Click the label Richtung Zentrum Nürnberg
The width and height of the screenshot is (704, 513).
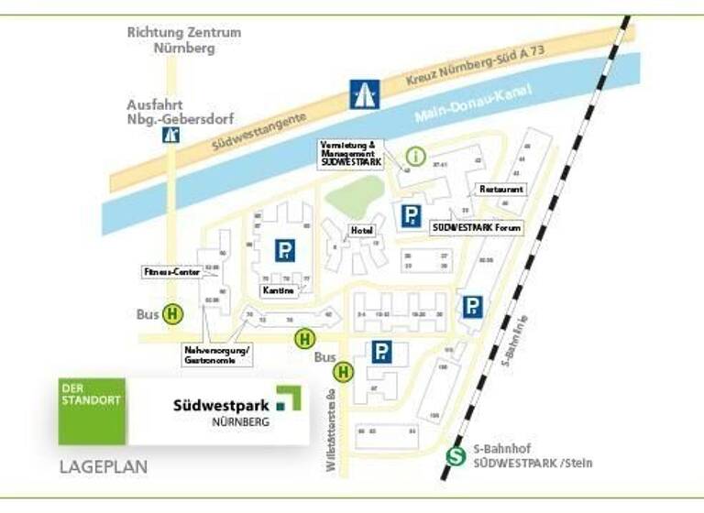(184, 40)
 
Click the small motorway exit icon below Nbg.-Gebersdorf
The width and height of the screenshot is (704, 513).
(170, 136)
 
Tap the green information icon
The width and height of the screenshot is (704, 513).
(416, 157)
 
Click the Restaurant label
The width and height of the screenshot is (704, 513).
(501, 190)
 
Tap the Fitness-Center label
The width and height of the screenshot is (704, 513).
(171, 272)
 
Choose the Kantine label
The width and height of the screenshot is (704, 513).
(279, 290)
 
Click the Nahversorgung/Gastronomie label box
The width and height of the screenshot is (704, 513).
(217, 355)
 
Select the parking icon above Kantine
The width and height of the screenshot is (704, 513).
(285, 250)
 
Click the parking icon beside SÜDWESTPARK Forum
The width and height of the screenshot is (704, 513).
(411, 216)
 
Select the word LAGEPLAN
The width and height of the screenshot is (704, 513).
(104, 467)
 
